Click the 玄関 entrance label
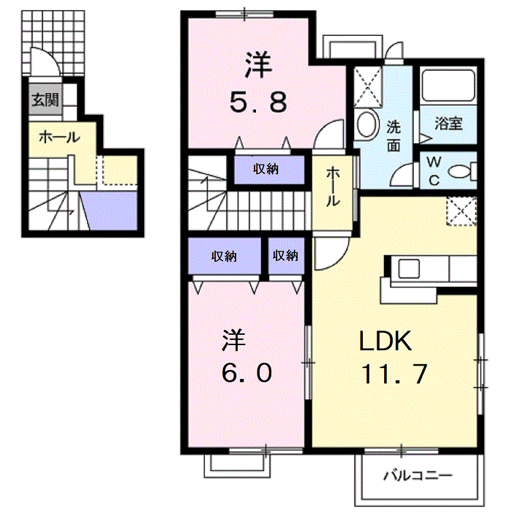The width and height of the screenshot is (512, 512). click(x=45, y=99)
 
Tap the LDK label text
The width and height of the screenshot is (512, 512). click(x=385, y=342)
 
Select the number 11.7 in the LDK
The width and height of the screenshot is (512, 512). click(x=394, y=374)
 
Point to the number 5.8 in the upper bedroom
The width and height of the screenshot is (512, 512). click(x=258, y=102)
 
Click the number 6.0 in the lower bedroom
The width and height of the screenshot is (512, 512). click(x=246, y=373)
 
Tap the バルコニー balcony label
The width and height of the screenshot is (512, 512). click(x=418, y=475)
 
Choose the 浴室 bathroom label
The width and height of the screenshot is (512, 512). click(x=448, y=124)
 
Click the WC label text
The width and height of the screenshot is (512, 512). click(x=434, y=170)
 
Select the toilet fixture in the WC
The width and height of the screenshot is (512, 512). click(x=462, y=171)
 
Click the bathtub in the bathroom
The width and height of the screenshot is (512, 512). click(x=448, y=86)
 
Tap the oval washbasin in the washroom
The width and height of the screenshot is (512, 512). click(x=367, y=124)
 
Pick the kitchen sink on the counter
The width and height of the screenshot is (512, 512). click(x=408, y=268)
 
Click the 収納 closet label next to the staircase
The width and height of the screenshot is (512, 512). click(x=266, y=169)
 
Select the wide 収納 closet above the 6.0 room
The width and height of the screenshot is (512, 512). click(x=225, y=256)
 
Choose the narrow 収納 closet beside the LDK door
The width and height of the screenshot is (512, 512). click(x=286, y=256)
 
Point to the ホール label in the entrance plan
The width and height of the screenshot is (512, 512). click(x=59, y=138)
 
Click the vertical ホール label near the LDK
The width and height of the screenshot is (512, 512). click(x=333, y=187)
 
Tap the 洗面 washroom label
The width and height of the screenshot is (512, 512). click(x=394, y=136)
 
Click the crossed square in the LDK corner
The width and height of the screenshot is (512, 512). click(x=462, y=211)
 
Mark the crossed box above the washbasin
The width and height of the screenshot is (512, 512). click(x=368, y=87)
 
